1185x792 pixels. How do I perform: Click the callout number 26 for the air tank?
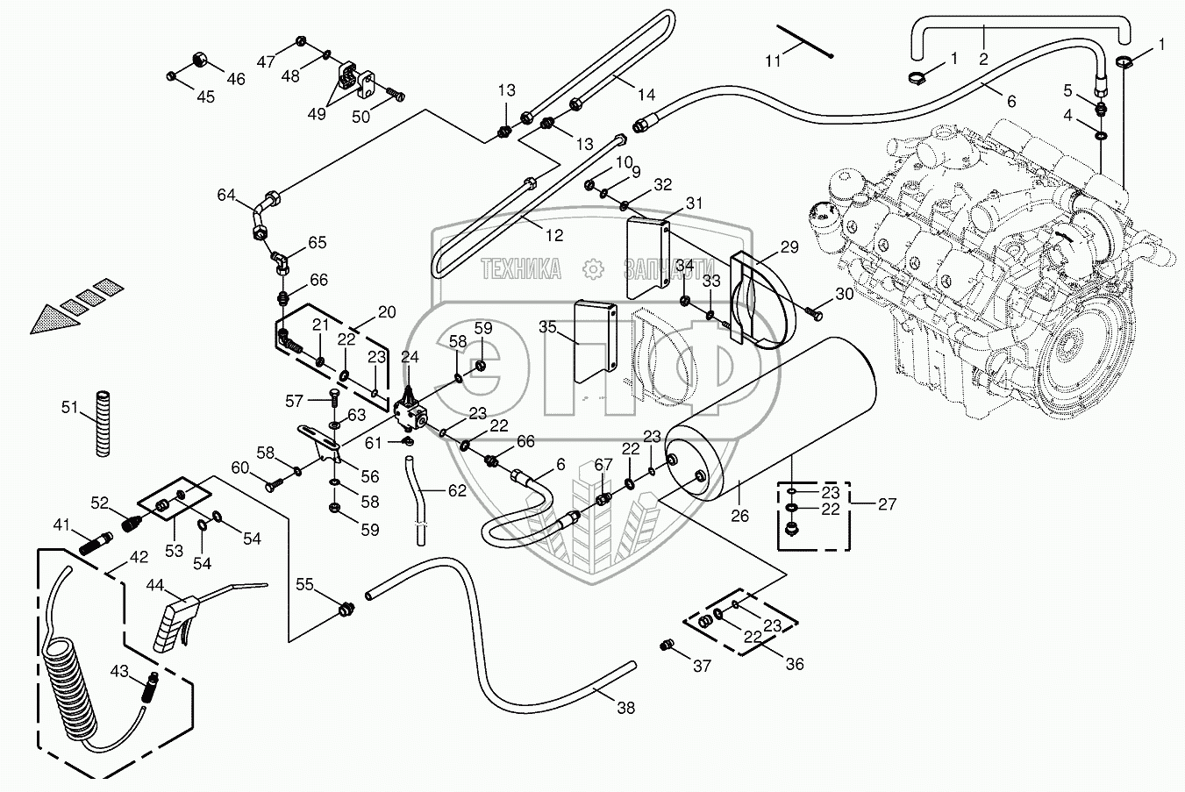pos(739,516)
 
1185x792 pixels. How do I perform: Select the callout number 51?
pos(69,406)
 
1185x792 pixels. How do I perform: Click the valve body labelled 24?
pos(410,409)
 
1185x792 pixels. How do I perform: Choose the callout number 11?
pos(772,61)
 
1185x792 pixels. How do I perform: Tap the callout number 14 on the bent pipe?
pos(646,95)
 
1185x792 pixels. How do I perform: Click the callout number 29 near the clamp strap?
pos(789,248)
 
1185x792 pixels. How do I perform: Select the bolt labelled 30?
pos(813,311)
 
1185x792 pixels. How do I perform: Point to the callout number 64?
pos(226,195)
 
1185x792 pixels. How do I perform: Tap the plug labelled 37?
pos(666,646)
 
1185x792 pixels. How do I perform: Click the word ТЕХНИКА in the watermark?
pos(521,269)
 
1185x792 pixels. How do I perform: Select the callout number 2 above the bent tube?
pos(983,59)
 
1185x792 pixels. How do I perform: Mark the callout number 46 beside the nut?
pos(235,79)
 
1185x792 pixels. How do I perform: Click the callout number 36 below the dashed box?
pos(794,665)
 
